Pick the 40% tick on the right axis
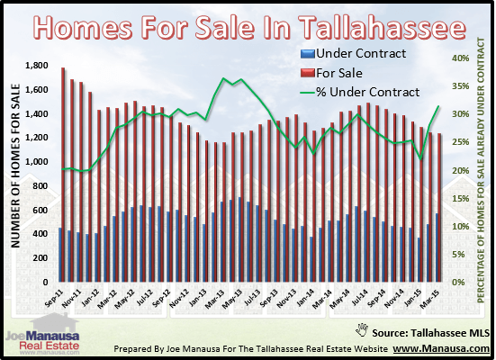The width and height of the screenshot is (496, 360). (459, 58)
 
